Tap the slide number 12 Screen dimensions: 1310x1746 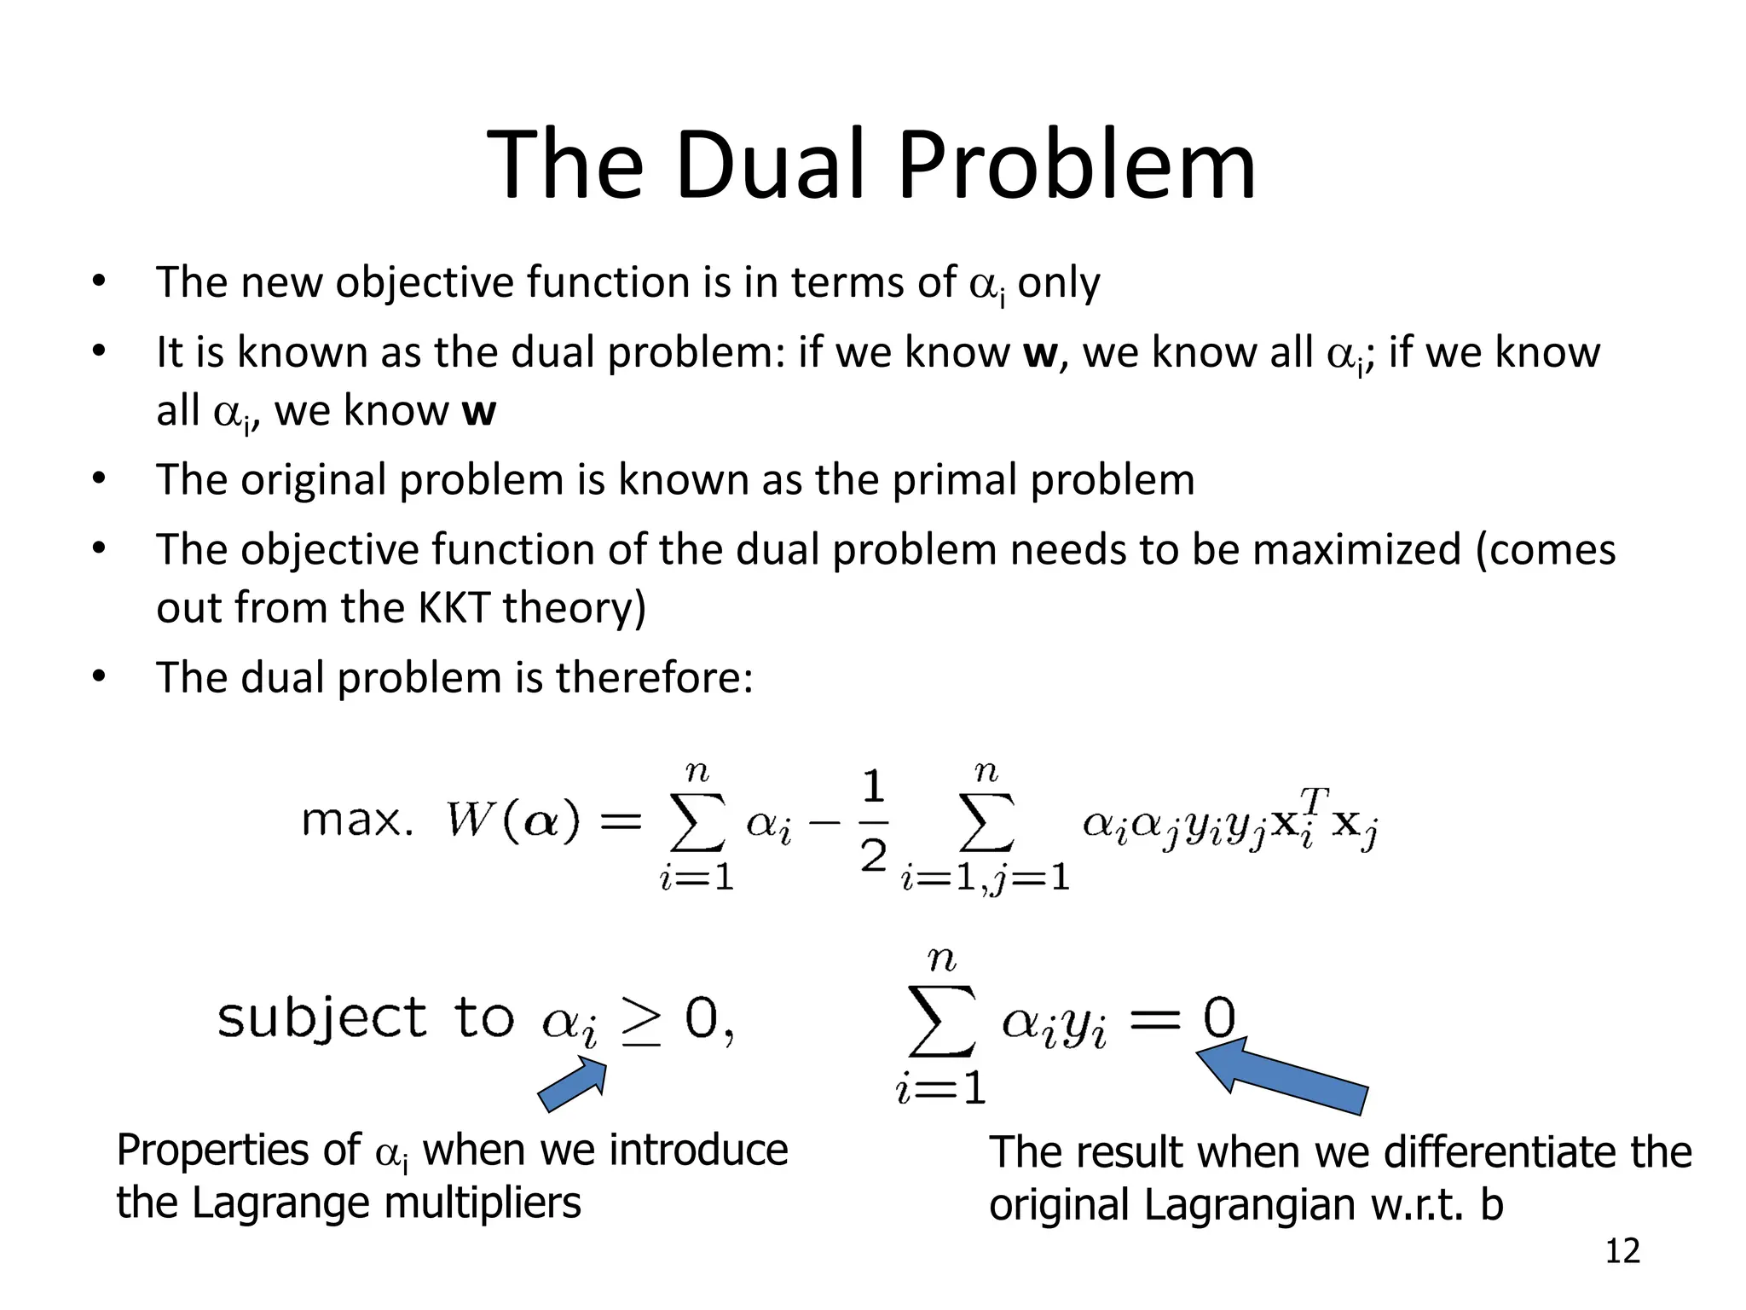[1622, 1251]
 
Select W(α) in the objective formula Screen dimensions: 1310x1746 [512, 820]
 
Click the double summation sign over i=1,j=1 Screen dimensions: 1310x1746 [986, 820]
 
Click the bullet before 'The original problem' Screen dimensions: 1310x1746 [99, 479]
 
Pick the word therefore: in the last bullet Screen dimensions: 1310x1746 [654, 678]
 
